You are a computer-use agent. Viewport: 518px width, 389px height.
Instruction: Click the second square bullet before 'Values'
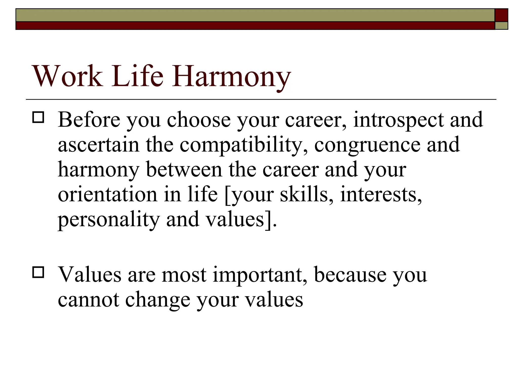point(38,273)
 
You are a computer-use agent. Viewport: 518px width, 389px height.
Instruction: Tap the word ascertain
point(99,145)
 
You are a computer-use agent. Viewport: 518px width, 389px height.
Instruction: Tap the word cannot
point(88,300)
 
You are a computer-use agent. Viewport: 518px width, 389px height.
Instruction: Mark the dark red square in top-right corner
point(501,15)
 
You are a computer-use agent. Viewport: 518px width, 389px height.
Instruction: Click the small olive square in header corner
point(501,26)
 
